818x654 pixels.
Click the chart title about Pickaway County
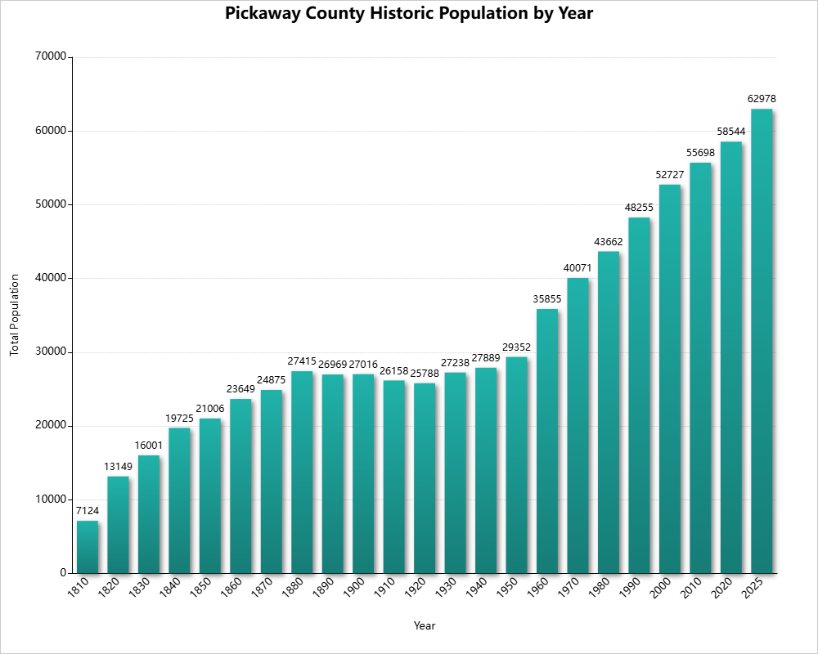click(x=408, y=14)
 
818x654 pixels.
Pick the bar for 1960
click(x=547, y=441)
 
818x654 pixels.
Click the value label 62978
click(x=762, y=99)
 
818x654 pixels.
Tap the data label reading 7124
click(x=88, y=511)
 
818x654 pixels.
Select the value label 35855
click(x=547, y=299)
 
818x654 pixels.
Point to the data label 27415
click(x=302, y=361)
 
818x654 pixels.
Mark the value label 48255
click(x=639, y=208)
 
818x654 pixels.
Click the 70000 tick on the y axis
click(x=50, y=57)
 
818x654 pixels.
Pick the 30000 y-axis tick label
click(x=50, y=352)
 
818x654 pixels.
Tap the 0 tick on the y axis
click(x=62, y=573)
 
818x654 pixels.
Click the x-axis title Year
click(x=425, y=626)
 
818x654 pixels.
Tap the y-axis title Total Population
click(x=14, y=315)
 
